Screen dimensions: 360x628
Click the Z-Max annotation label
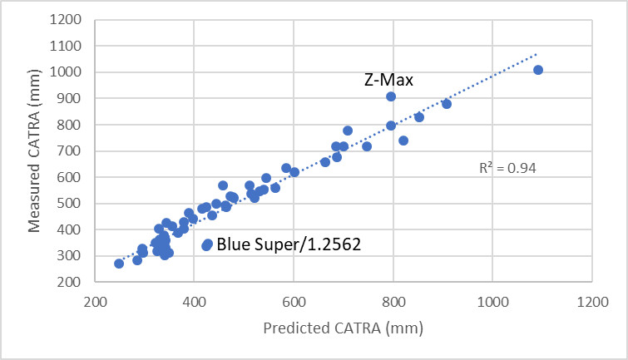point(388,80)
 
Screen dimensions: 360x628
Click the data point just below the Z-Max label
point(391,96)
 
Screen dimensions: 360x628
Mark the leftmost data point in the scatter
point(119,264)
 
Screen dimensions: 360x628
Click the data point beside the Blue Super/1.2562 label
point(208,244)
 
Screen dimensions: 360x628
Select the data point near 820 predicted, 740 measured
point(403,141)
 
